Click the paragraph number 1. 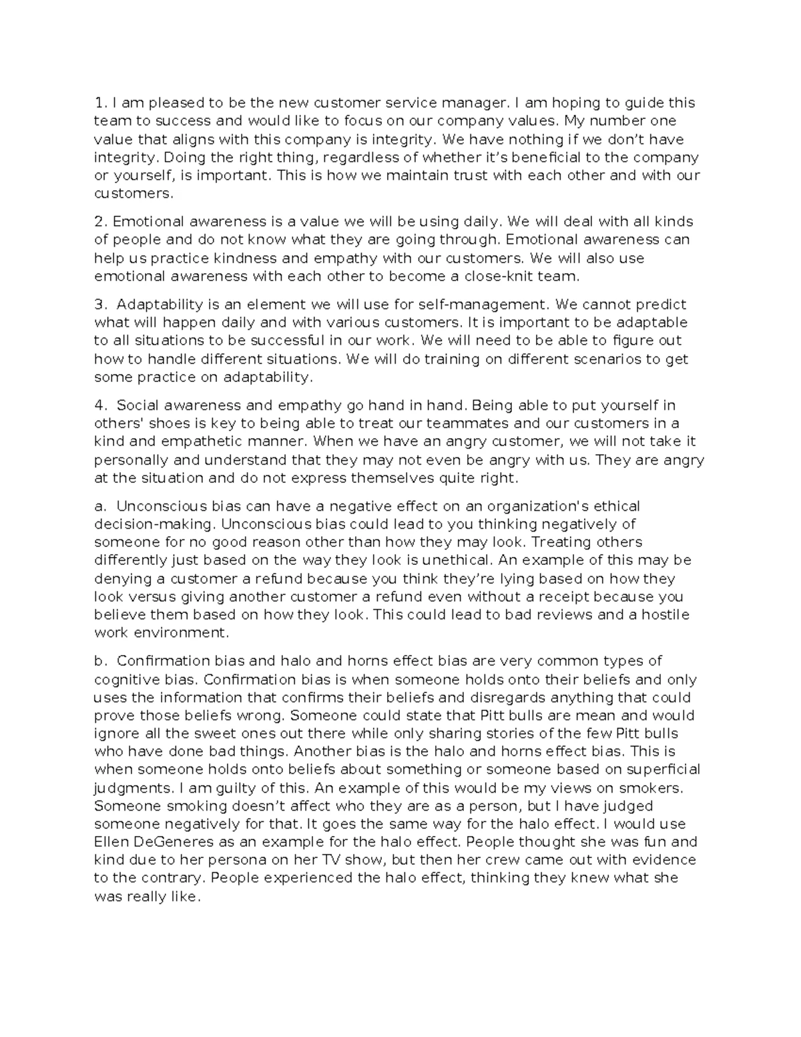pyautogui.click(x=99, y=103)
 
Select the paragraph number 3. pyautogui.click(x=100, y=304)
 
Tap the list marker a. pyautogui.click(x=99, y=506)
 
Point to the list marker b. pyautogui.click(x=100, y=661)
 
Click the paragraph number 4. pyautogui.click(x=100, y=405)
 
